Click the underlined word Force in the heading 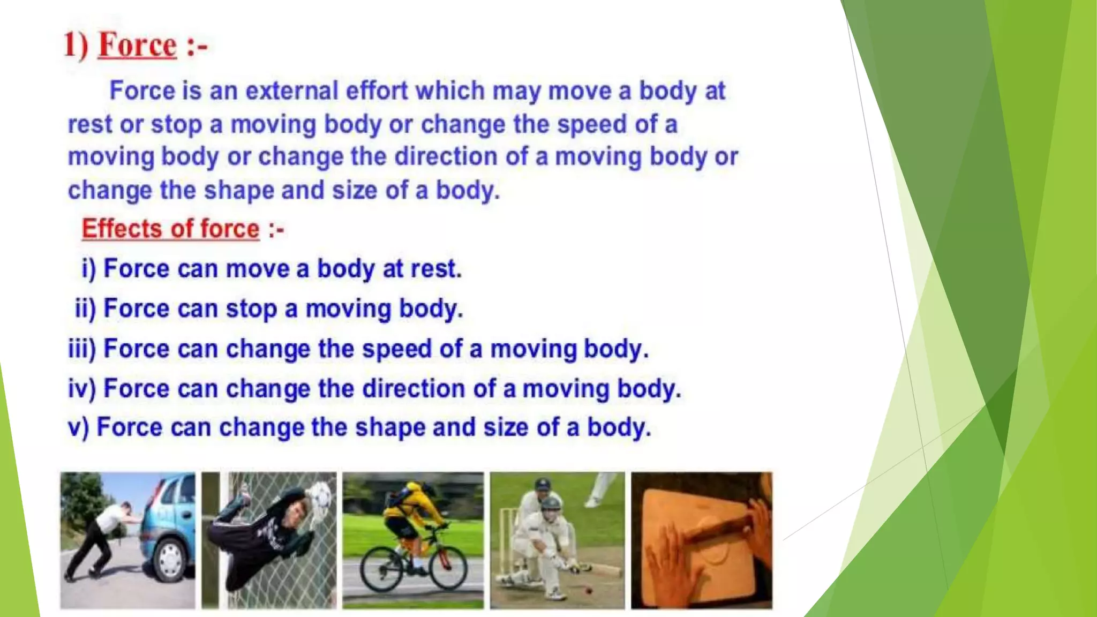coord(137,45)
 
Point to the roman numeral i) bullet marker coord(88,268)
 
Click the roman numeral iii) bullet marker coord(82,349)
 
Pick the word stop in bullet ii coord(250,309)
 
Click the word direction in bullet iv coord(413,388)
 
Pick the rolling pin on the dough coord(718,525)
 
